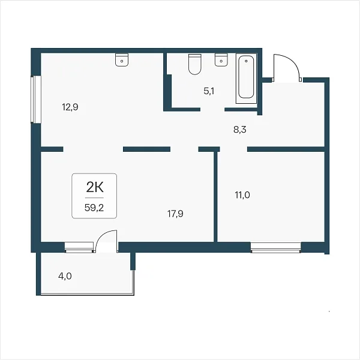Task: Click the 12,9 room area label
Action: point(70,107)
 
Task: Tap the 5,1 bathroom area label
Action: point(209,91)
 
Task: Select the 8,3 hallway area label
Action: point(240,130)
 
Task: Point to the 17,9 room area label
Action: point(175,214)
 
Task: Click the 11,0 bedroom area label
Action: point(242,195)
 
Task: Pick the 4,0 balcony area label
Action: point(65,276)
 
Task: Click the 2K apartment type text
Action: point(95,187)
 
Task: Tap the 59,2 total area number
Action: point(94,208)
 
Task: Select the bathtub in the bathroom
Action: point(246,79)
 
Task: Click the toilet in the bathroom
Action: point(194,64)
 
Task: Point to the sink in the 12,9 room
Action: point(122,60)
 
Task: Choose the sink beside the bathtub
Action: point(221,60)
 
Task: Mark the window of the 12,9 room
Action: point(36,99)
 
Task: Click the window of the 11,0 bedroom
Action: point(276,247)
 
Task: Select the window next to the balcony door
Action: point(79,247)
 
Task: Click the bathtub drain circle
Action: point(246,61)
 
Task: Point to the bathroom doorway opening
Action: point(212,110)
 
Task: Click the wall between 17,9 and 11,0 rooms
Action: point(215,197)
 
